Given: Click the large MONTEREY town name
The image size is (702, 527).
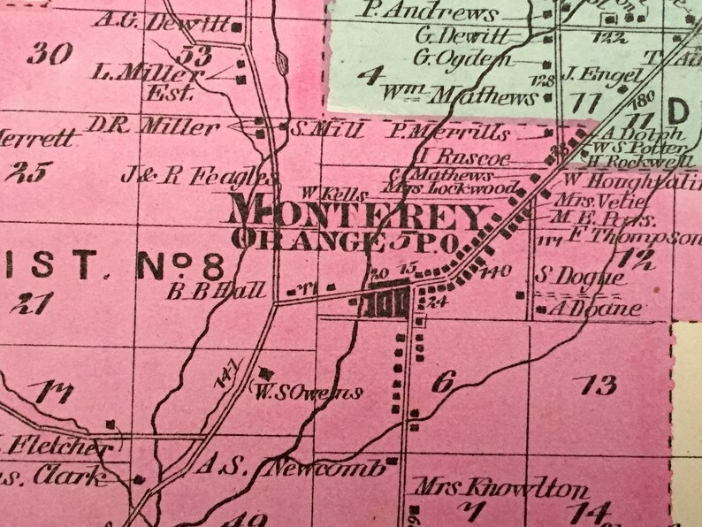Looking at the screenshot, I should click(358, 215).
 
